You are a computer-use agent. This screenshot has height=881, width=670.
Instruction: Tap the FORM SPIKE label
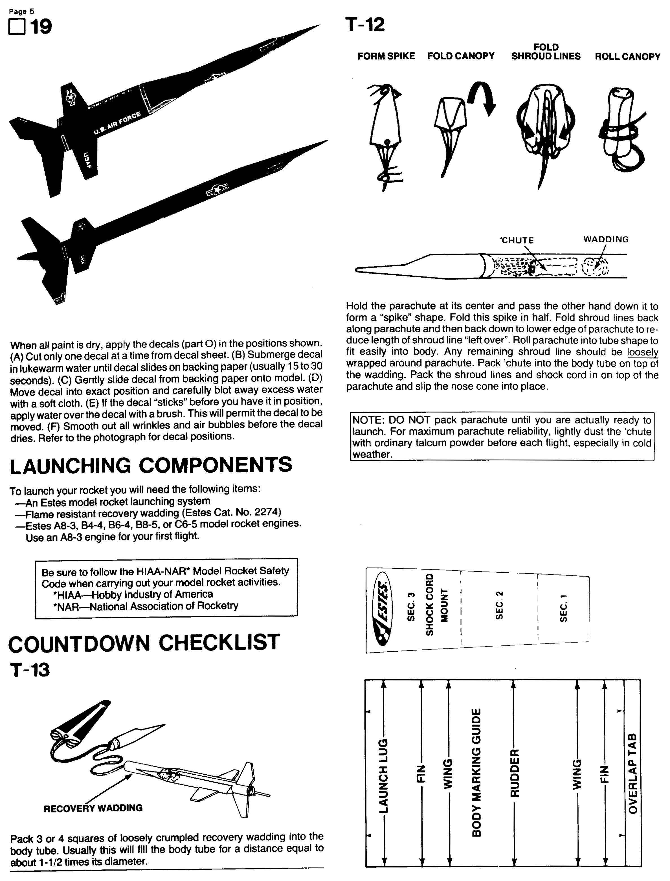pos(386,56)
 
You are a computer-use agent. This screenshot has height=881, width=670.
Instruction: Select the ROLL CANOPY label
pos(627,57)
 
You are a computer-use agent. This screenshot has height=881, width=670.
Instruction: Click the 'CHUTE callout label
pos(517,240)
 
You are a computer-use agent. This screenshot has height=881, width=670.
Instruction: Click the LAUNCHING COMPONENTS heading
pos(151,465)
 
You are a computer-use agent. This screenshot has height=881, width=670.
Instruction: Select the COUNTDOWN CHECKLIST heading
pos(144,643)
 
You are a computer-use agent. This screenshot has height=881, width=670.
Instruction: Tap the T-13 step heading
pos(30,670)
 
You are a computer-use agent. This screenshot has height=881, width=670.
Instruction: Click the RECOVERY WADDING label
pos(93,808)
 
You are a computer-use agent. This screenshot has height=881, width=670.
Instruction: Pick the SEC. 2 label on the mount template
pos(499,605)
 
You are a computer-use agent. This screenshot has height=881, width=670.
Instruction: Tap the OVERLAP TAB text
pos(633,773)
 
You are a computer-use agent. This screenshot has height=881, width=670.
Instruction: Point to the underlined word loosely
pos(642,352)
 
